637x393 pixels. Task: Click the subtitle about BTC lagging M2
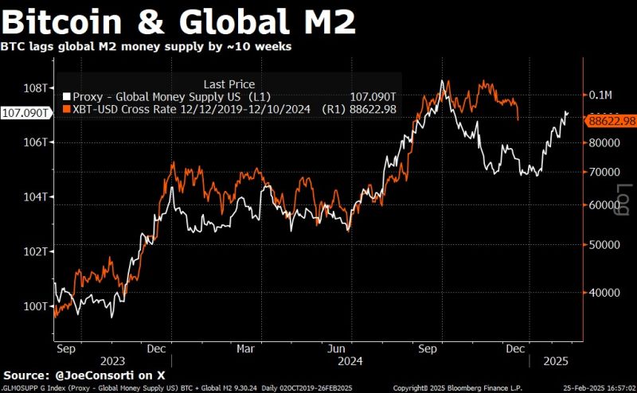click(x=147, y=46)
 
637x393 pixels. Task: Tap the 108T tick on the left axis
click(x=37, y=88)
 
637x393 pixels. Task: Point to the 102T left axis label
click(x=37, y=251)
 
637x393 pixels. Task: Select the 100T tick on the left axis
click(x=37, y=306)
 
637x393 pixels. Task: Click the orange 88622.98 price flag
click(x=612, y=121)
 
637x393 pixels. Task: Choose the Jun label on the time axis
click(x=336, y=348)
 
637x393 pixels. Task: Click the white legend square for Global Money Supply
click(x=66, y=96)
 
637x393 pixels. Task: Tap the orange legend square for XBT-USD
click(x=66, y=109)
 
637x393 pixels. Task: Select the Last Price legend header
click(x=229, y=84)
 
